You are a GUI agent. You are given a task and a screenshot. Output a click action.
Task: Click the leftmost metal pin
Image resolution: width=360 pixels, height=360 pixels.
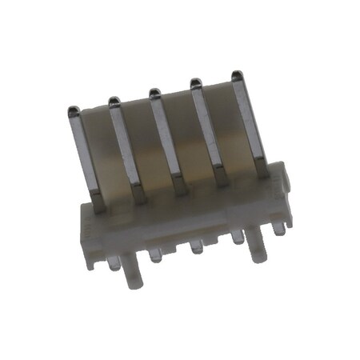(86, 156)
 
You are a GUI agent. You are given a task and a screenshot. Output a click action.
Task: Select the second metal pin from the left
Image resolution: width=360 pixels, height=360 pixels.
(127, 148)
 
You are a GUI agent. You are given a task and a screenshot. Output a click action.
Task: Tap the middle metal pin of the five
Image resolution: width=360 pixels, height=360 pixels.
(167, 140)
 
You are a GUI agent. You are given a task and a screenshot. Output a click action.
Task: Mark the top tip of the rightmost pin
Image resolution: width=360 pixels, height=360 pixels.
(237, 75)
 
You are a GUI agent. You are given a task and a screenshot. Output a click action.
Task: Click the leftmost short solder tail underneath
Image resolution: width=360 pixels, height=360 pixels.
(154, 255)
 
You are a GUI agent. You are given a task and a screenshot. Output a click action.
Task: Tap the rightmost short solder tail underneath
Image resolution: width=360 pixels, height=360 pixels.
(277, 228)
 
